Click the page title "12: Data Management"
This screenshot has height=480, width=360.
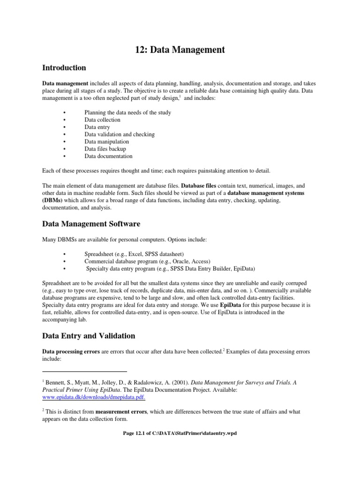coord(180,49)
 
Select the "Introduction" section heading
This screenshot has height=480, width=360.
coord(64,68)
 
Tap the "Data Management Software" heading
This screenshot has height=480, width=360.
coord(91,224)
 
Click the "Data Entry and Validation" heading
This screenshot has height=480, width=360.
coord(89,336)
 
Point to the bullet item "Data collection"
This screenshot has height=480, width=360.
coord(102,120)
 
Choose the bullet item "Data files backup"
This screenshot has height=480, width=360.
coord(105,149)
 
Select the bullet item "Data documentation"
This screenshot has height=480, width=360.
coord(108,156)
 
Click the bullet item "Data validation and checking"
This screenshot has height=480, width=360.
coord(120,134)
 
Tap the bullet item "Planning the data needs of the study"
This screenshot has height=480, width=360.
coord(127,112)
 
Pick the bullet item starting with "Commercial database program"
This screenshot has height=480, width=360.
coord(147,261)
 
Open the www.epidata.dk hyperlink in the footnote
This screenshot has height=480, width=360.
coord(94,397)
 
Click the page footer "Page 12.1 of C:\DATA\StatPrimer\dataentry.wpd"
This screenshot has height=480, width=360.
coord(180,433)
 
